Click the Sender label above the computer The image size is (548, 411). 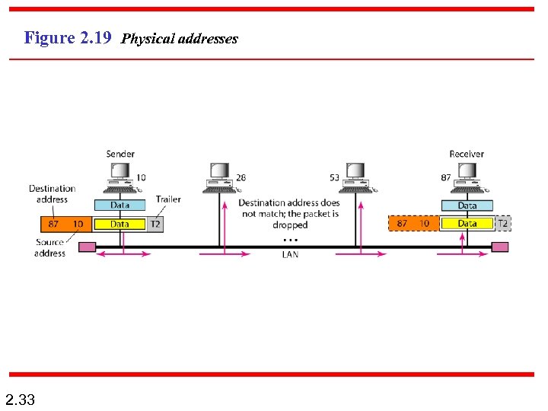(120, 154)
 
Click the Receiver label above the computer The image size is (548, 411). (466, 154)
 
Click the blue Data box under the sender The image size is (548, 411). (119, 205)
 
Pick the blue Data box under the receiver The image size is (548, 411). (467, 205)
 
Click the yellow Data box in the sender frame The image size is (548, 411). (119, 224)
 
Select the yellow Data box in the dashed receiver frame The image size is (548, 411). (467, 223)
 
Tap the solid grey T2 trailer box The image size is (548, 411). (155, 224)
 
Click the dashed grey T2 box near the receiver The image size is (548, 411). (502, 223)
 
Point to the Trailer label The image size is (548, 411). (168, 199)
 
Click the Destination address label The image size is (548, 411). (52, 193)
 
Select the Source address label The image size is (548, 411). (49, 247)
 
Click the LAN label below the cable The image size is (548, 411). (290, 255)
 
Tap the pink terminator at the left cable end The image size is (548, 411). (88, 247)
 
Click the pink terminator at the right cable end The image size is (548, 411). (500, 247)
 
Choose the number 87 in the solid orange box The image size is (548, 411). (53, 224)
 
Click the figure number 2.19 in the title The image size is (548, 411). (96, 37)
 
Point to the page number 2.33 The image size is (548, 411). (20, 399)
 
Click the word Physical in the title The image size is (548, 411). (147, 38)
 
